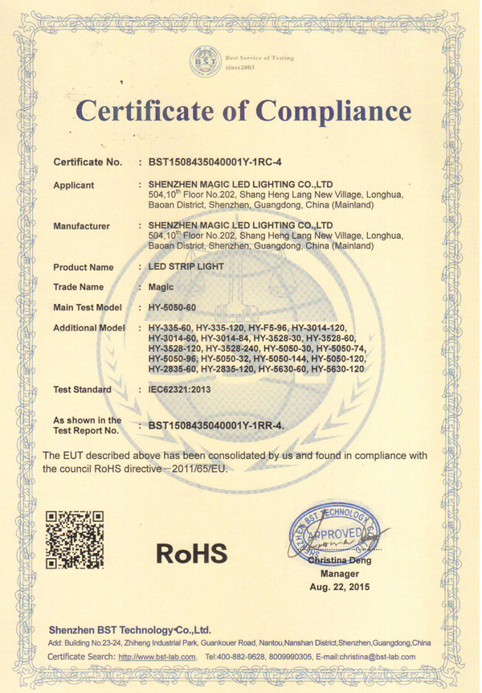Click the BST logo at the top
click(206, 60)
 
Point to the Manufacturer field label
click(81, 226)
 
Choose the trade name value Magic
click(162, 286)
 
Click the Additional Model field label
click(89, 328)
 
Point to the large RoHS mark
click(191, 553)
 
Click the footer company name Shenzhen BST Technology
click(129, 629)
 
